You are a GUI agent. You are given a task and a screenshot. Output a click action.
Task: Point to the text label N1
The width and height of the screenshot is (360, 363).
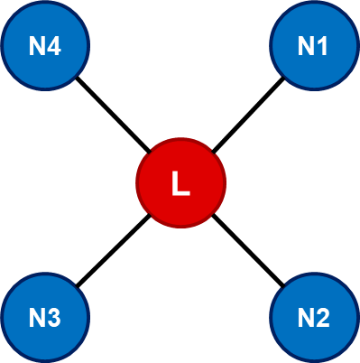point(313,46)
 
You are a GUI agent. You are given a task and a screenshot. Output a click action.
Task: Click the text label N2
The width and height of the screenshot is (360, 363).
point(313,318)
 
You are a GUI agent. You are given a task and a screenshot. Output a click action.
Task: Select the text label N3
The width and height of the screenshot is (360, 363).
point(45,318)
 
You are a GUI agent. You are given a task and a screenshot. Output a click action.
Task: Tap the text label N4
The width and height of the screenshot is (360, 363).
point(45,46)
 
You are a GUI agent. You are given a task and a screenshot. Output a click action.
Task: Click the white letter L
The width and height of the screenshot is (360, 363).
point(180,184)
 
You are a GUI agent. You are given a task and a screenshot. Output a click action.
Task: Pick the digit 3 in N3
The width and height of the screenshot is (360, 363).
point(54,318)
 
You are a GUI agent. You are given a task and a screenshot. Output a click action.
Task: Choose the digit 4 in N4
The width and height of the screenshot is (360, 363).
point(54,46)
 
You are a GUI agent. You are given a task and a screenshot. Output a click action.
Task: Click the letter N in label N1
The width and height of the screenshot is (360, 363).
point(305,46)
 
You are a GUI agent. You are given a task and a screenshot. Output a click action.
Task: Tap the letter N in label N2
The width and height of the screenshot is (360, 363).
point(305,318)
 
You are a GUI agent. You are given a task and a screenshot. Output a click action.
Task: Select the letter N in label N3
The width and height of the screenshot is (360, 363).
point(36,318)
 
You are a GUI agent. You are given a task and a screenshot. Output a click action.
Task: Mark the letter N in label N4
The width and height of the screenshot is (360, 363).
point(36,46)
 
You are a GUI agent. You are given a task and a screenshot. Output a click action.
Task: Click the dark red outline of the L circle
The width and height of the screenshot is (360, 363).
point(137,183)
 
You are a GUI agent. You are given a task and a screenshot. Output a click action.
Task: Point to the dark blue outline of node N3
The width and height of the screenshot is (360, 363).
point(3,317)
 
